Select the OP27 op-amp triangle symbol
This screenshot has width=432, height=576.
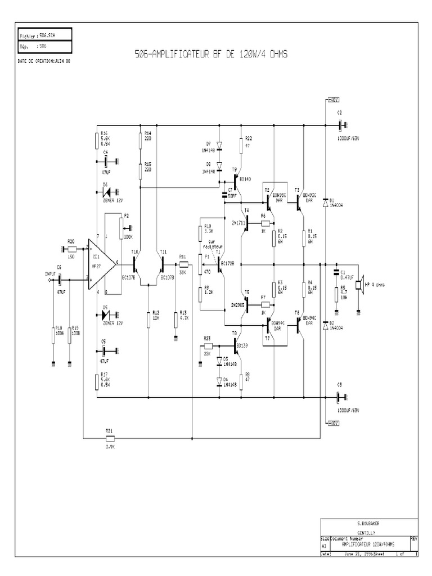(100, 263)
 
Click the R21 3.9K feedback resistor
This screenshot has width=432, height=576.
(110, 438)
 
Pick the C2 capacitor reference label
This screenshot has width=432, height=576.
(339, 112)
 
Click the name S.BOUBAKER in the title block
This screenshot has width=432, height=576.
(368, 523)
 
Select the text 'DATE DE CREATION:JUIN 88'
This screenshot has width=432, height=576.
(44, 60)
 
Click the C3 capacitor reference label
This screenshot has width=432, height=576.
(339, 385)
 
